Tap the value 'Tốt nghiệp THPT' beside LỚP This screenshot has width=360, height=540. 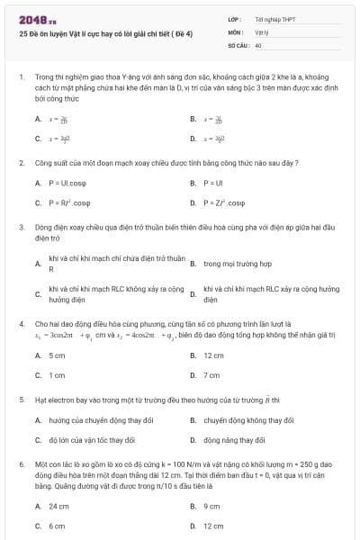pos(274,18)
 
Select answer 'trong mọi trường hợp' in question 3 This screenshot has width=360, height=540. pos(238,264)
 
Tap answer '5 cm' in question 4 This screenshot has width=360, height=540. pos(57,355)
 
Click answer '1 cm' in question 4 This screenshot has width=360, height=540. pos(57,374)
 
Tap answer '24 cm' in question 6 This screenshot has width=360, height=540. pos(58,506)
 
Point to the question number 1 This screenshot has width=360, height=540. pos(21,78)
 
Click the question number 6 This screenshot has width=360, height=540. pos(21,464)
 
